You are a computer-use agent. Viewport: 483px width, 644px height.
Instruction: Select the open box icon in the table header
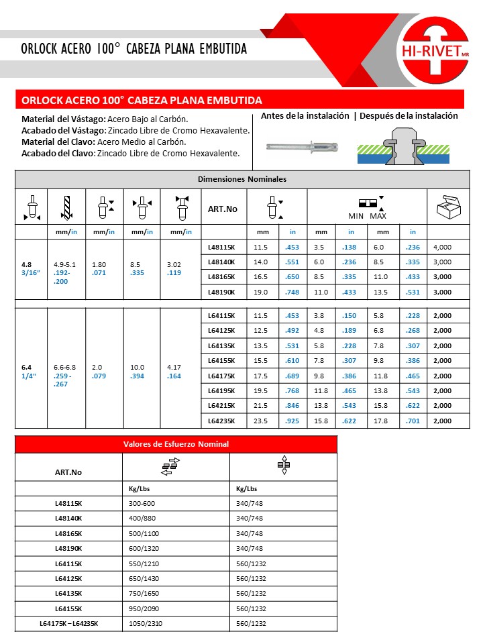point(447,208)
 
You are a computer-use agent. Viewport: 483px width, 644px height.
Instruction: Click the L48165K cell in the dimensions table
point(223,276)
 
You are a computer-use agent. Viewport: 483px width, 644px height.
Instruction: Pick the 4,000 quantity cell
point(443,247)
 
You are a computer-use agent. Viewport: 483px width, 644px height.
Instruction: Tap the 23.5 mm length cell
point(261,421)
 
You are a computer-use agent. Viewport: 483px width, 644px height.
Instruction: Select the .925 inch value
point(292,421)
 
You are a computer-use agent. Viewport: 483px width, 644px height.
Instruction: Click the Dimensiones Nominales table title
point(242,179)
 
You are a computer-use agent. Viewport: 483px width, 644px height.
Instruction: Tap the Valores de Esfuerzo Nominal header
point(176,444)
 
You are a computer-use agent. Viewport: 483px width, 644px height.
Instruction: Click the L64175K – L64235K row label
point(68,623)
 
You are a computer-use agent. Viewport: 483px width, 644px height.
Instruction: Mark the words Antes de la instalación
point(305,115)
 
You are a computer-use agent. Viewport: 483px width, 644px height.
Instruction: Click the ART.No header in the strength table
point(68,472)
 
